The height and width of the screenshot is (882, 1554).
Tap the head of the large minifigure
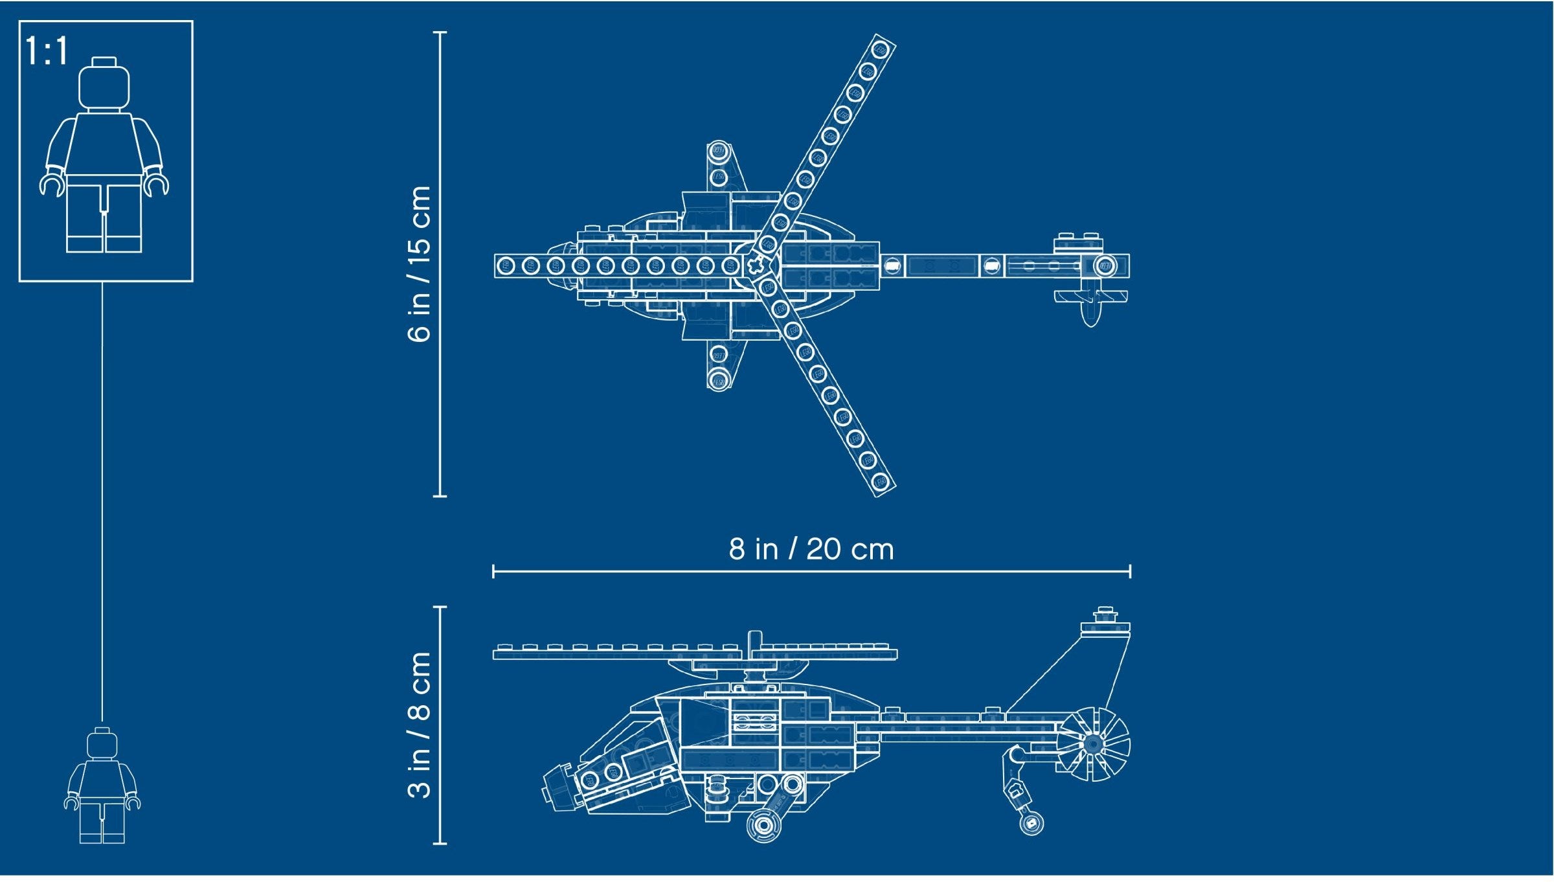tap(104, 84)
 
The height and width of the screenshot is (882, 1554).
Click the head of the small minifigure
tap(102, 743)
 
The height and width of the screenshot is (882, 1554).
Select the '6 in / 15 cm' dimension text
tap(420, 264)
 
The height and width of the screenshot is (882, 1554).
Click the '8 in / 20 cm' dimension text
tap(811, 549)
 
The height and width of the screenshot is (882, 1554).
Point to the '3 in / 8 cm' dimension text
tap(420, 725)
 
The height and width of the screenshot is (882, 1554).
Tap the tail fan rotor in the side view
tap(1093, 744)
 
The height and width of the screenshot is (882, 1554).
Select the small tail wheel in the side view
tap(1031, 823)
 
